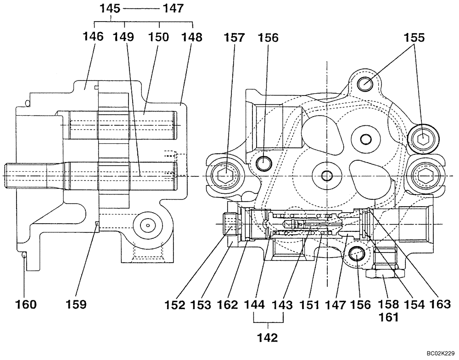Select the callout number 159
(x=76, y=304)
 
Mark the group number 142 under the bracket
(x=268, y=338)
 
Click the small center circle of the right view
(x=327, y=175)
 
